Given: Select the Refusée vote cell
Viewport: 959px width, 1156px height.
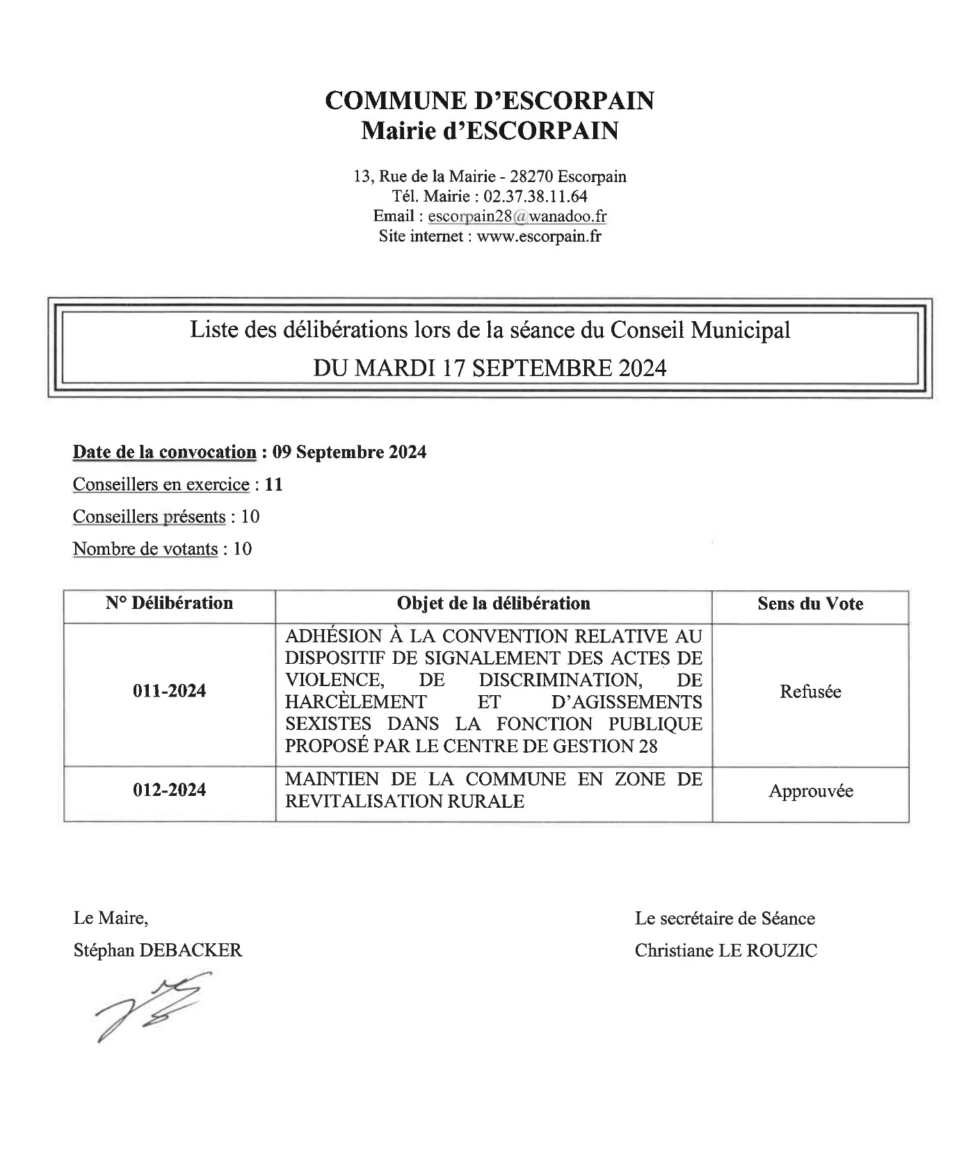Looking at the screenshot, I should click(810, 692).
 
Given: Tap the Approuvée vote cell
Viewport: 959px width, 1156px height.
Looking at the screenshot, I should click(810, 791).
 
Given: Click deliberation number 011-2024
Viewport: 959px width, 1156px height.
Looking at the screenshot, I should click(169, 691).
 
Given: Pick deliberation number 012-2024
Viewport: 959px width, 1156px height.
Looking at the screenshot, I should click(169, 790).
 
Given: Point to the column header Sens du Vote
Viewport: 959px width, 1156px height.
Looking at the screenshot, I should click(810, 603).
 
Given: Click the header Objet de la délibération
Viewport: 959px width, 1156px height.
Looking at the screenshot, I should click(493, 603).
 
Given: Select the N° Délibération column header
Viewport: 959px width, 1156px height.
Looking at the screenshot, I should click(169, 603).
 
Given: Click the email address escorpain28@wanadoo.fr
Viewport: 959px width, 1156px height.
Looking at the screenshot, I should click(517, 216).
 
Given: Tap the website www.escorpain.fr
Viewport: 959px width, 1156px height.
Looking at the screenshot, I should click(538, 236).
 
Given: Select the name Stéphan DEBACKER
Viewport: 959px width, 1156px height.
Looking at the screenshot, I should click(158, 950).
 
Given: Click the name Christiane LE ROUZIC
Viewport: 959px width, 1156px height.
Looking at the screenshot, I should click(725, 950).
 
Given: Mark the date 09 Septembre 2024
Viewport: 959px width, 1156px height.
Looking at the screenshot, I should click(349, 453).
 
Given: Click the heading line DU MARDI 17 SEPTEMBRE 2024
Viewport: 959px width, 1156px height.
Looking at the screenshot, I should click(490, 368).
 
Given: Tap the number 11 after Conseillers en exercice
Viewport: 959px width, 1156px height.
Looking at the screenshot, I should click(274, 485).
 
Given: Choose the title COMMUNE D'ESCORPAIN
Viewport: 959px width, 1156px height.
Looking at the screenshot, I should click(490, 101).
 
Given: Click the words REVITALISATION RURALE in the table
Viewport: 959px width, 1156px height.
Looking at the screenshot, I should click(404, 801).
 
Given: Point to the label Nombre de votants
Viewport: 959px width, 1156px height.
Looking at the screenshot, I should click(145, 549).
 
